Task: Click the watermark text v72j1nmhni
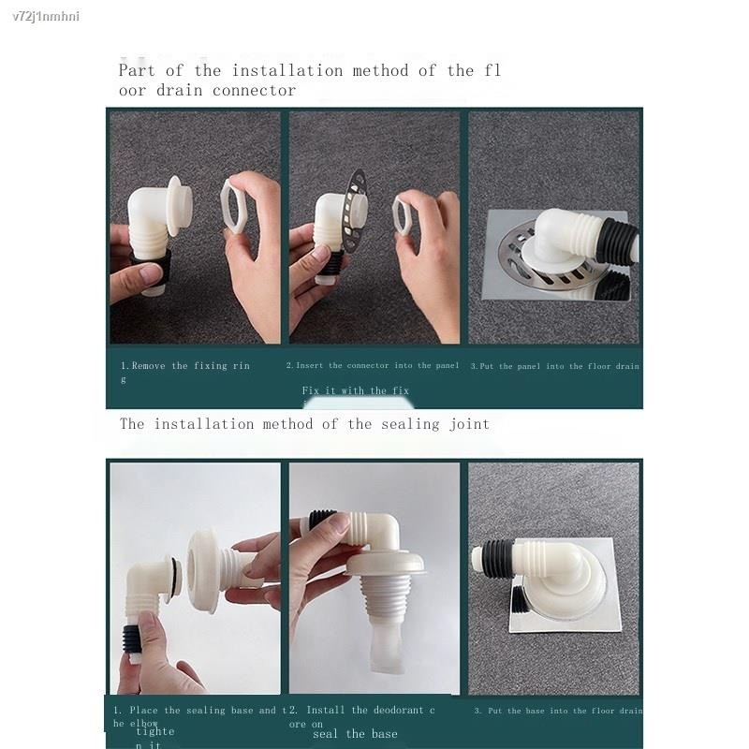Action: click(41, 17)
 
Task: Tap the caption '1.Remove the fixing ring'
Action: click(184, 366)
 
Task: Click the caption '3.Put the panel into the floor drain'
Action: click(554, 366)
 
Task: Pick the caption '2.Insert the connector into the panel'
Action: click(373, 366)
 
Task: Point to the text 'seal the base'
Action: click(355, 734)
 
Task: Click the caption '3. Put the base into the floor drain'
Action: click(558, 711)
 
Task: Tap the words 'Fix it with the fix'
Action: click(355, 390)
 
